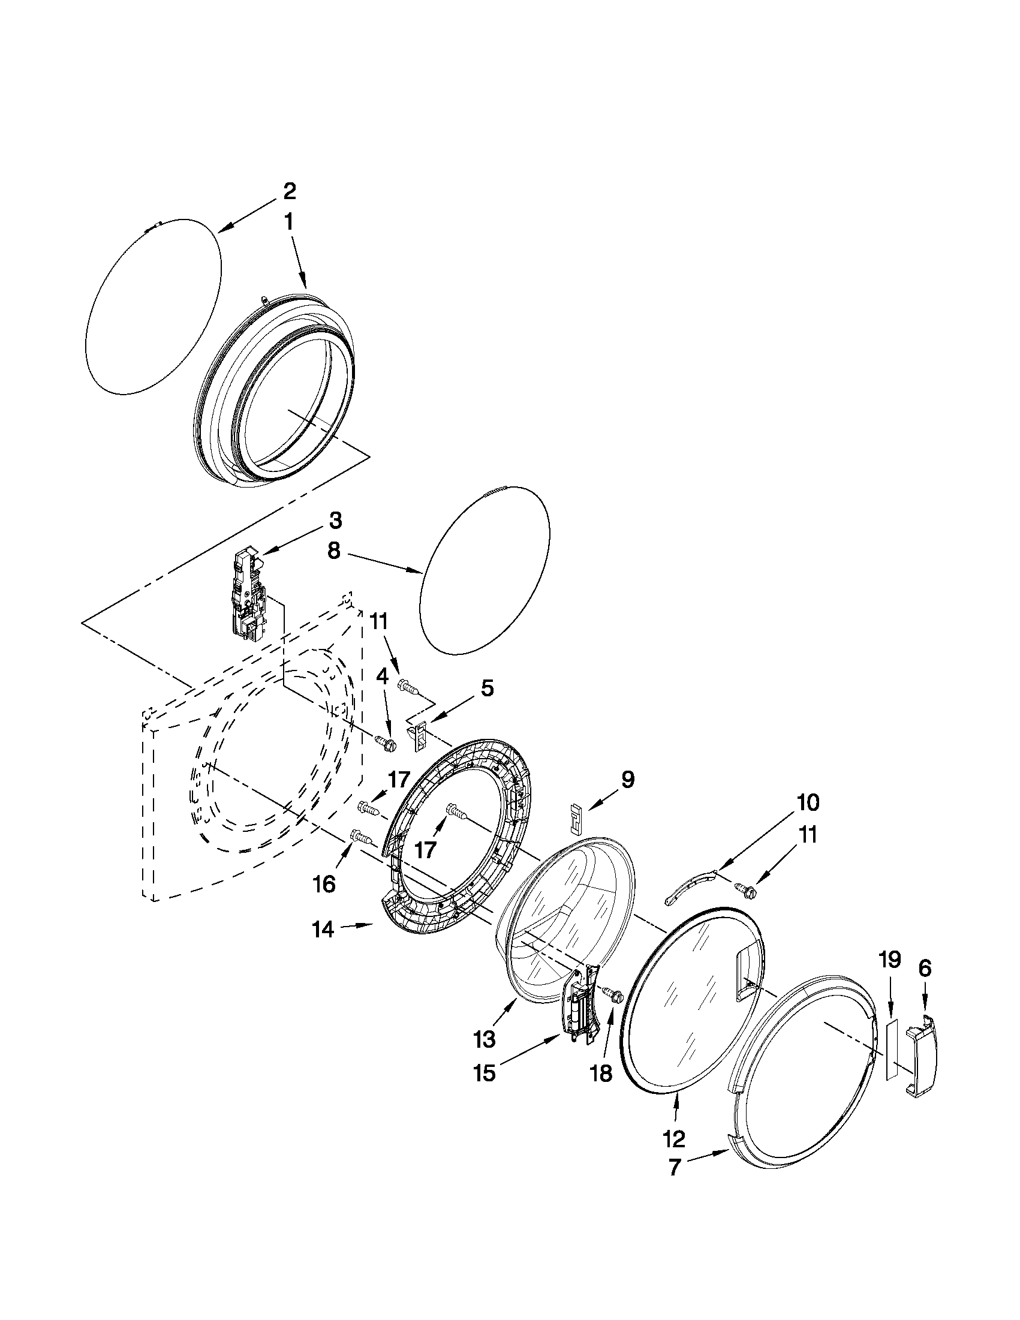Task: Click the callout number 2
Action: pos(290,191)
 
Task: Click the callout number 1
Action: pos(289,222)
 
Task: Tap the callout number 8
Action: pos(334,551)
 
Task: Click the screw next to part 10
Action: pos(744,888)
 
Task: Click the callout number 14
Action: pos(323,929)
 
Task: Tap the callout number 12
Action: pos(674,1139)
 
